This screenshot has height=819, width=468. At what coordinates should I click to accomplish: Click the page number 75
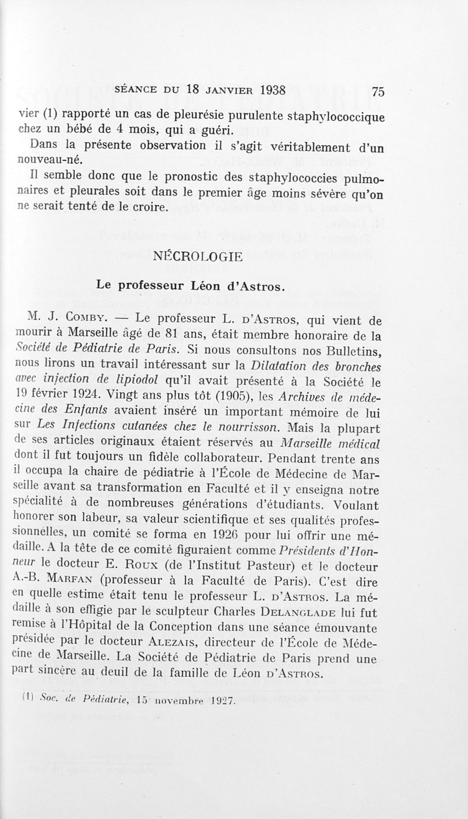[x=377, y=92]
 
